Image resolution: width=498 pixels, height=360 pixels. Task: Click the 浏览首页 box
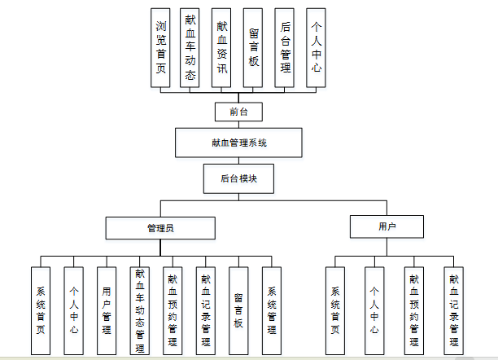tap(161, 47)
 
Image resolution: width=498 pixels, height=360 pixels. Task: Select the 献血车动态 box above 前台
tap(190, 47)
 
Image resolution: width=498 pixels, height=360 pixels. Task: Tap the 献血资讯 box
tap(221, 47)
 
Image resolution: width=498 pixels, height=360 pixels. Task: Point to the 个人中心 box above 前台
tap(316, 47)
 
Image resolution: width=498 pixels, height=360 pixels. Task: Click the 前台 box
tap(238, 112)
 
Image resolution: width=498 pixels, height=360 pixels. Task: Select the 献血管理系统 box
tap(238, 143)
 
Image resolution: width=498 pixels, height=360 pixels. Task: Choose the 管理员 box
tap(160, 227)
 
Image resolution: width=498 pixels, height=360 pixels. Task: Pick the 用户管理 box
tap(107, 310)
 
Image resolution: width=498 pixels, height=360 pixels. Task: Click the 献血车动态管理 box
tap(140, 310)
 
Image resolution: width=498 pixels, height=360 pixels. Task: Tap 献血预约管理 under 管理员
tap(173, 310)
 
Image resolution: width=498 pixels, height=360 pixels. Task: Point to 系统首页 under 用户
tap(334, 310)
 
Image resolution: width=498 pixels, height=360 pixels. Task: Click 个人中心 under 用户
tap(374, 310)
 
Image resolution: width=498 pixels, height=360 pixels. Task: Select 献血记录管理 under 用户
tap(453, 310)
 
